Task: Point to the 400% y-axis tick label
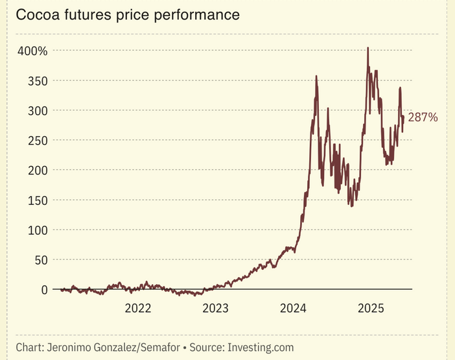(32, 51)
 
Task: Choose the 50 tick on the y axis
(42, 259)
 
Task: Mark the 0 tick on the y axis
(45, 289)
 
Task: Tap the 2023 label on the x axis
(215, 307)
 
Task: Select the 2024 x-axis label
(294, 307)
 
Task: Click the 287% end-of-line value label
(423, 117)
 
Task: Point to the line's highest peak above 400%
(368, 48)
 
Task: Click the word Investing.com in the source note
(260, 347)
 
